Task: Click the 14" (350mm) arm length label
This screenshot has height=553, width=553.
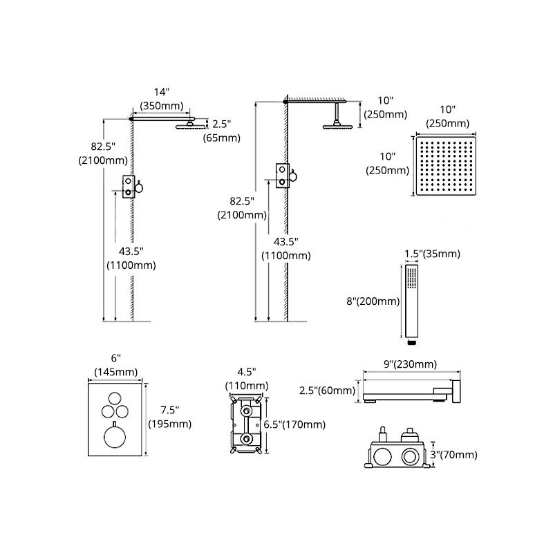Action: point(162,98)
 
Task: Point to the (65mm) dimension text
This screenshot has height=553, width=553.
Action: point(221,138)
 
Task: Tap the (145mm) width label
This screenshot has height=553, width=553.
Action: point(115,372)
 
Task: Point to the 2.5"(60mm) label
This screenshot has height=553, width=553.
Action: point(327,391)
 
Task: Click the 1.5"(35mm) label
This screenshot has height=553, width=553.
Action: point(432,254)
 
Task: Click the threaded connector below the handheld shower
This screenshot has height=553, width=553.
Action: point(413,340)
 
